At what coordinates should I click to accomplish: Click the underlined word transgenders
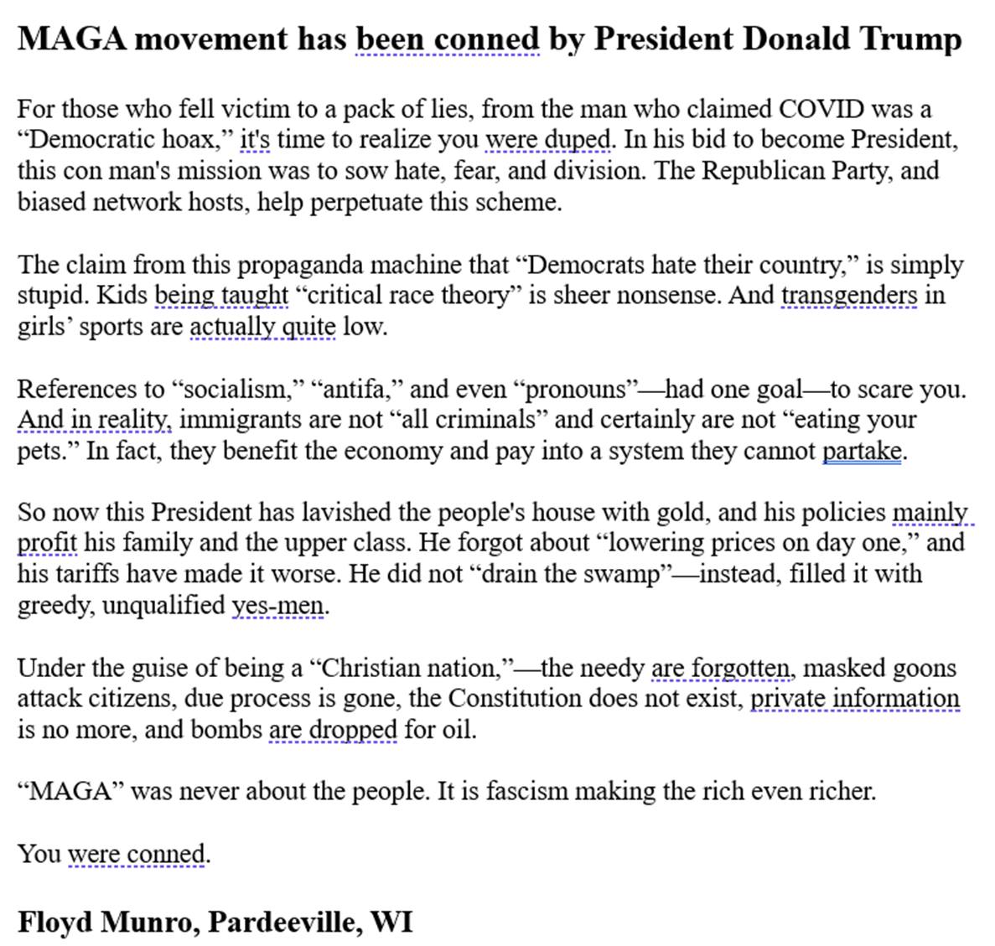click(849, 296)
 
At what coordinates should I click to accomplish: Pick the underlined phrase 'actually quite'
click(262, 327)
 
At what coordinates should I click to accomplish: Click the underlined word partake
click(862, 451)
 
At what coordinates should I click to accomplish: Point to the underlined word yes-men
click(277, 605)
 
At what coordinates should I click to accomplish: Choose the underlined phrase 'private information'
click(854, 698)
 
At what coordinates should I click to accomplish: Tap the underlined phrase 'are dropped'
click(332, 729)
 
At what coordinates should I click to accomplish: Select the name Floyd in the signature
click(54, 922)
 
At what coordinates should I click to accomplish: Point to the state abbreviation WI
click(391, 922)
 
